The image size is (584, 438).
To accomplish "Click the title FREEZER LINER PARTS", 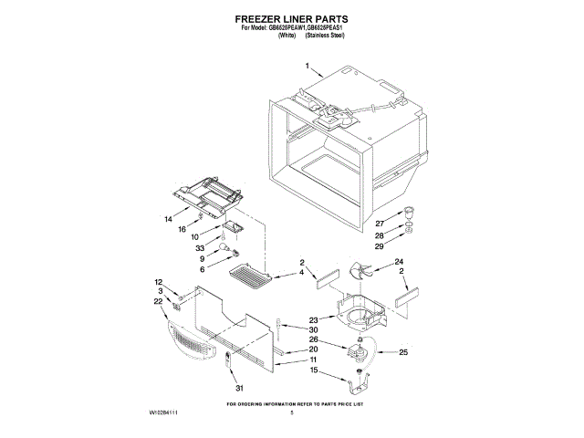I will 291,17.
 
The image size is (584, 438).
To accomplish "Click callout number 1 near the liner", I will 308,67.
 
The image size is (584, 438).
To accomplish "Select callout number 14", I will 168,220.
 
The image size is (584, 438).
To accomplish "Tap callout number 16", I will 182,229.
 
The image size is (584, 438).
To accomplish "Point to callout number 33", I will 200,248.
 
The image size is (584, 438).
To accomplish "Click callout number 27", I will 380,223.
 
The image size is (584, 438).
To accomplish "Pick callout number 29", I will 380,245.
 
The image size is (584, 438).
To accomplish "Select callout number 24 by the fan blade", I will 399,263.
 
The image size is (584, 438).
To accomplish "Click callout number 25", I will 404,352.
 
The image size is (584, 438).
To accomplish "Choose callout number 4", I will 301,273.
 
